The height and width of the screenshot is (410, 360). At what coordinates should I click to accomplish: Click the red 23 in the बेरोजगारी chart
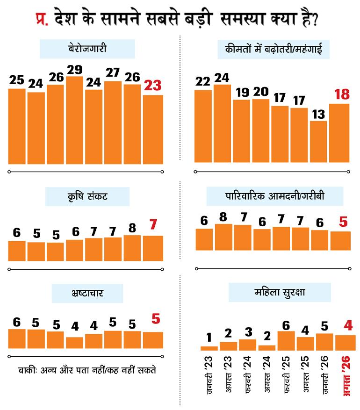pyautogui.click(x=153, y=86)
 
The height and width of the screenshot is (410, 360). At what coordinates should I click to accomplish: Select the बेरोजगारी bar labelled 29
pyautogui.click(x=74, y=120)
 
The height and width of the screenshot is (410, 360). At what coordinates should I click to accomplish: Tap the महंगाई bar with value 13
pyautogui.click(x=318, y=142)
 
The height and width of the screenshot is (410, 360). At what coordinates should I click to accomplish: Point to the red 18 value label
pyautogui.click(x=342, y=94)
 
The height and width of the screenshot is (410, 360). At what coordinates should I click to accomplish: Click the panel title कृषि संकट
pyautogui.click(x=87, y=196)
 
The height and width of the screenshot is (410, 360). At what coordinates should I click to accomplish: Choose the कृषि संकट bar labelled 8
pyautogui.click(x=132, y=248)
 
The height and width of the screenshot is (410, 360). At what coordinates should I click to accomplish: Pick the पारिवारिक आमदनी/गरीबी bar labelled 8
pyautogui.click(x=223, y=237)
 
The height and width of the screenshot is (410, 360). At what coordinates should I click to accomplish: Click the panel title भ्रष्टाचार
pyautogui.click(x=87, y=293)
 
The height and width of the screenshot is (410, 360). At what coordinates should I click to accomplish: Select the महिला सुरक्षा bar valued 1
pyautogui.click(x=209, y=348)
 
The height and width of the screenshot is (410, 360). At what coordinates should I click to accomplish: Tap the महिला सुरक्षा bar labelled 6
pyautogui.click(x=286, y=341)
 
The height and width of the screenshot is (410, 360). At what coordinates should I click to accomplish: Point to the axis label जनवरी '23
pyautogui.click(x=209, y=375)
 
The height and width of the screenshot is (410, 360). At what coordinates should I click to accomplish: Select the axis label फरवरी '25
pyautogui.click(x=286, y=374)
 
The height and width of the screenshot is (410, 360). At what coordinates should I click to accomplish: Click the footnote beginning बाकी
pyautogui.click(x=87, y=370)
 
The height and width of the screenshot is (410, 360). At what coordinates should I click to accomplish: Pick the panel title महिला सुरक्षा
pyautogui.click(x=280, y=292)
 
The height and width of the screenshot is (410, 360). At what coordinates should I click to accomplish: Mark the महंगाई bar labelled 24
pyautogui.click(x=222, y=123)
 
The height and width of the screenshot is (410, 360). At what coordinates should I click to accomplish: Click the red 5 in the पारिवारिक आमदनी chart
pyautogui.click(x=343, y=222)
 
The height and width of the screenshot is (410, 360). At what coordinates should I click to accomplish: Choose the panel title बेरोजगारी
pyautogui.click(x=87, y=49)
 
